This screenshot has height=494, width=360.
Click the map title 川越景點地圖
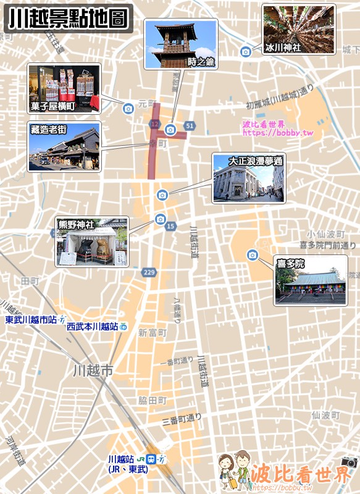point(68,19)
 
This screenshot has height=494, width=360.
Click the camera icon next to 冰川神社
point(246,51)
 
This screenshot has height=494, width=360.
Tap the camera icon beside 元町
point(128,109)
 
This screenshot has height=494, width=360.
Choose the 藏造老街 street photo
point(64,147)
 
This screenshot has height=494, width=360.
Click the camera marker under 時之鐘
point(170,130)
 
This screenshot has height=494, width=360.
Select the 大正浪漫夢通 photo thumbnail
point(249,178)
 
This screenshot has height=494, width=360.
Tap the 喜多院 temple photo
point(311,281)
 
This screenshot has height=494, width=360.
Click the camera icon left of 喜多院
point(252,255)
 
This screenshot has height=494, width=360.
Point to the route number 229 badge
point(149,272)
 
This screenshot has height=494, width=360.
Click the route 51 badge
point(189,126)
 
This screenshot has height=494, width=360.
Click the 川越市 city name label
point(93,371)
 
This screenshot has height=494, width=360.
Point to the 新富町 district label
point(152,333)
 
